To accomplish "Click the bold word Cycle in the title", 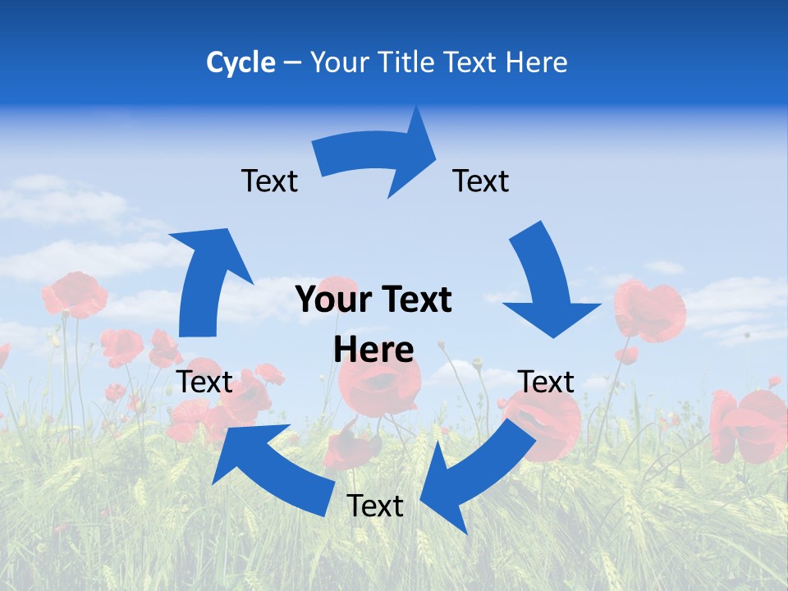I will pyautogui.click(x=241, y=62).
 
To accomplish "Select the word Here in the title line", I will pyautogui.click(x=535, y=62).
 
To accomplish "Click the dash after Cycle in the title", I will pyautogui.click(x=291, y=63).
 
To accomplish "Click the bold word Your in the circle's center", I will pyautogui.click(x=332, y=300).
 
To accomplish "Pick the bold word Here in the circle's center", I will pyautogui.click(x=373, y=350).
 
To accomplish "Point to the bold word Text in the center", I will pyautogui.click(x=415, y=300).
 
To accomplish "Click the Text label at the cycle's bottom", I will pyautogui.click(x=375, y=506).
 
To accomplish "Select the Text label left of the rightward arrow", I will pyautogui.click(x=269, y=181).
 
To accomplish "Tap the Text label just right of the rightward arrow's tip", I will pyautogui.click(x=481, y=181).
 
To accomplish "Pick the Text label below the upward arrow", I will pyautogui.click(x=205, y=382).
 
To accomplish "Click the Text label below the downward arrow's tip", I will pyautogui.click(x=546, y=382).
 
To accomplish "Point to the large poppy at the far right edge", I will pyautogui.click(x=751, y=423).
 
